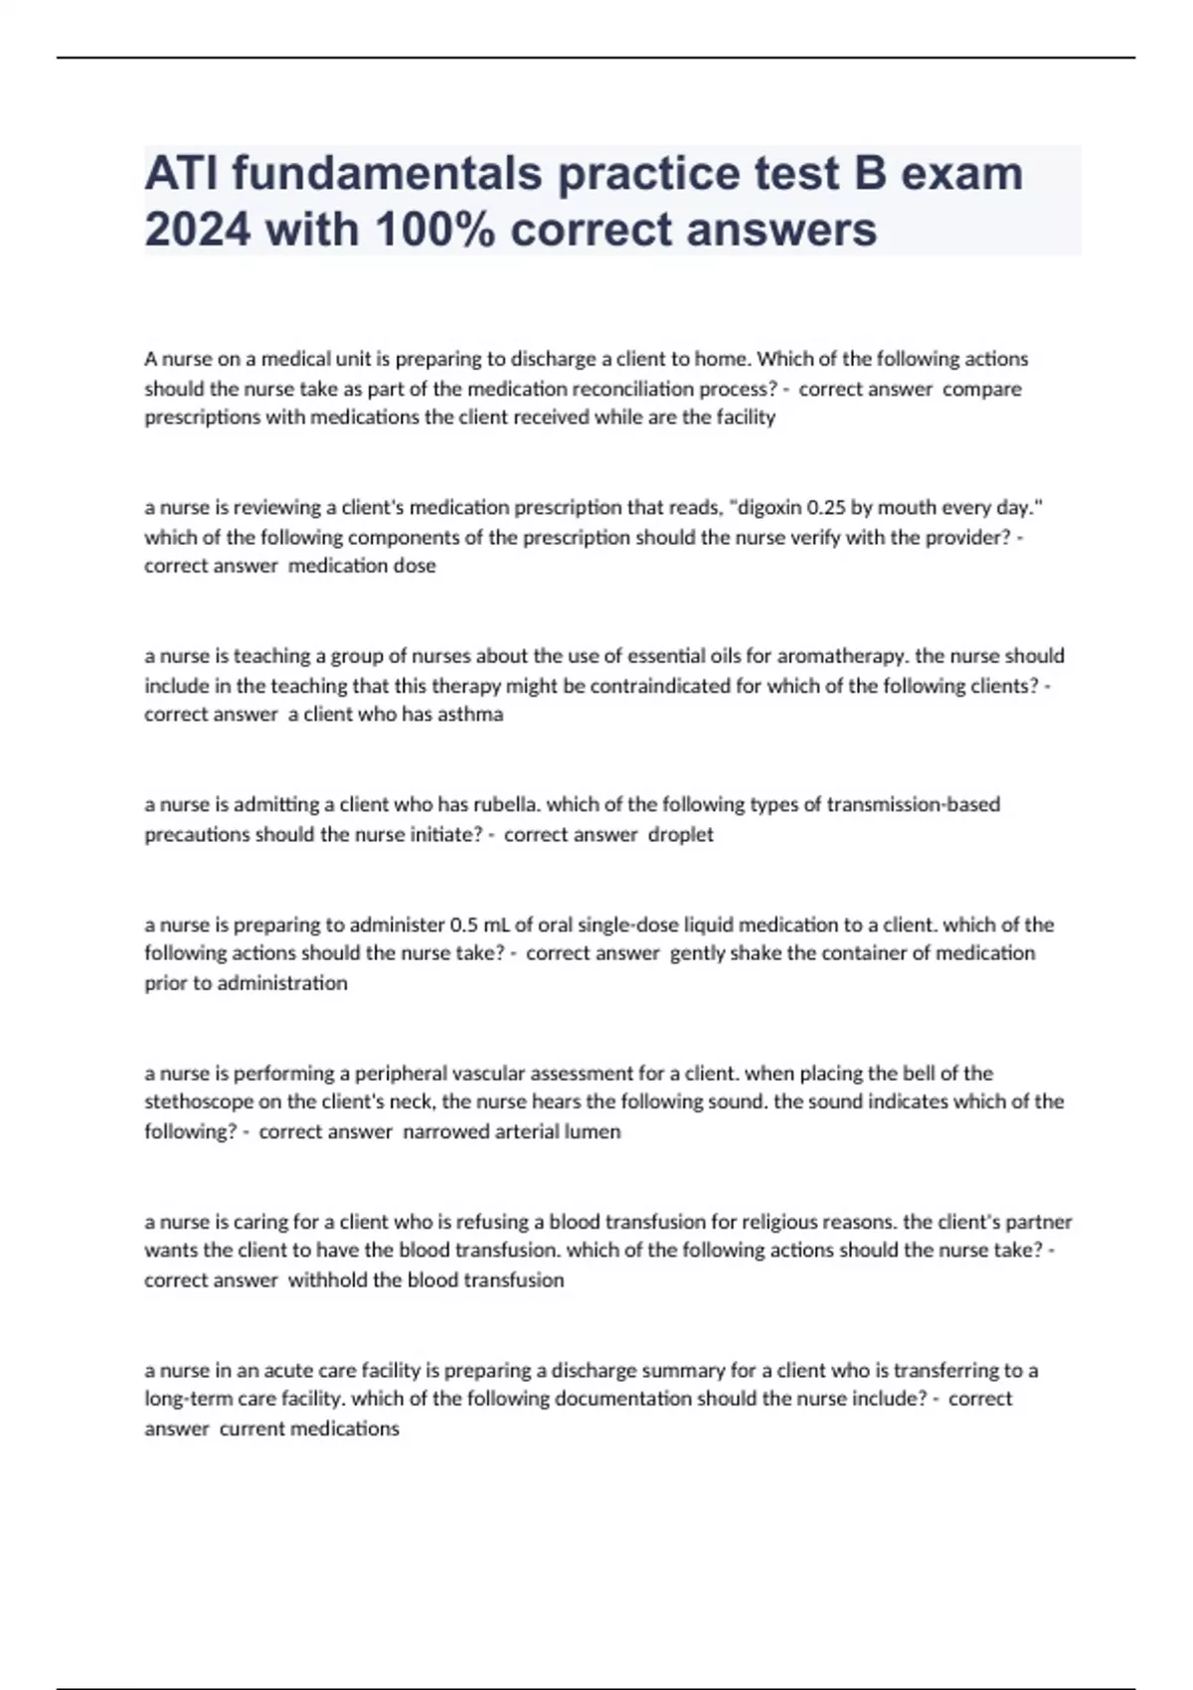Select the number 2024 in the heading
click(197, 230)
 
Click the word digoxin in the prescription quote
click(769, 507)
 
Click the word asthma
click(470, 714)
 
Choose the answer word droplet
click(681, 834)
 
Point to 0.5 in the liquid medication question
click(464, 925)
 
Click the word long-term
click(189, 1399)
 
